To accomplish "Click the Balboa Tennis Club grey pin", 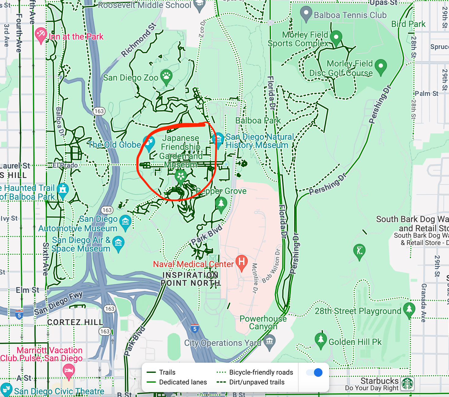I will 306,13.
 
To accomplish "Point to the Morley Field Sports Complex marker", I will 336,37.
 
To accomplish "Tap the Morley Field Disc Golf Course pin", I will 380,66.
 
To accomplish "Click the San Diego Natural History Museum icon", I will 218,139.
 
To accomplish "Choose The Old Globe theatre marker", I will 149,143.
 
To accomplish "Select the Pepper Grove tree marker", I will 221,203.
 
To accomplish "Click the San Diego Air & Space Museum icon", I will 118,243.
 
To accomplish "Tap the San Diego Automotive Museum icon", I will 125,221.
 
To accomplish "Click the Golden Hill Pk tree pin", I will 321,339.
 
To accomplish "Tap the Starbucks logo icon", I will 407,384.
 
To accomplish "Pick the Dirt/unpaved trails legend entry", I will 251,382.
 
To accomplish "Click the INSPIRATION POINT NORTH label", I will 190,279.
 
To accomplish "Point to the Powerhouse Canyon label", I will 263,323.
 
